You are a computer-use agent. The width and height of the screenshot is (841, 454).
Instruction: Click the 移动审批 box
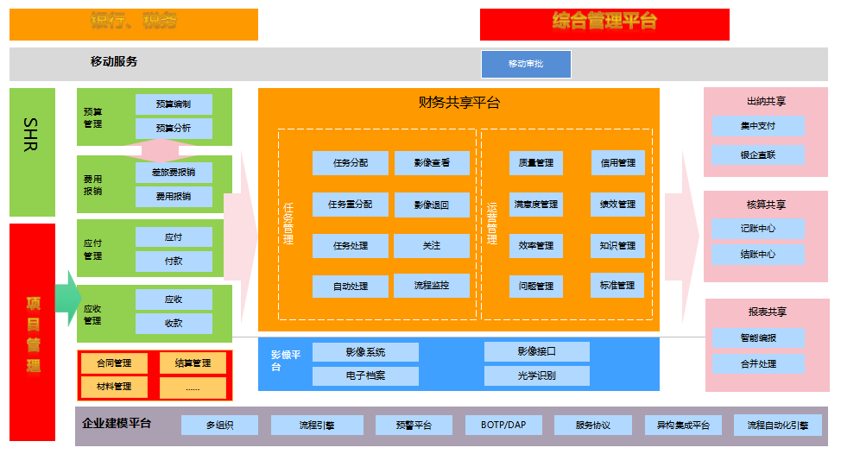tap(526, 64)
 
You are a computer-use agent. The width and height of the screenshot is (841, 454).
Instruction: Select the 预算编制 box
tap(174, 104)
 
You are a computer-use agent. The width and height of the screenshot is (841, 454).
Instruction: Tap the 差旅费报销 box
tap(174, 172)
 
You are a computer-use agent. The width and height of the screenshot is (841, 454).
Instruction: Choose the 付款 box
tap(174, 261)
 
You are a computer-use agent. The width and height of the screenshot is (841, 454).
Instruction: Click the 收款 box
tap(174, 323)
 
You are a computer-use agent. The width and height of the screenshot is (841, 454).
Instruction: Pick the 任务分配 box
tap(350, 162)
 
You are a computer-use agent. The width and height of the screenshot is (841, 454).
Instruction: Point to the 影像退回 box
tap(432, 205)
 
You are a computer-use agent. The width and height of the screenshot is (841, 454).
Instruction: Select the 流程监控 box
tap(432, 285)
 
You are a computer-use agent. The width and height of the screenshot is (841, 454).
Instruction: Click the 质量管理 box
tap(536, 162)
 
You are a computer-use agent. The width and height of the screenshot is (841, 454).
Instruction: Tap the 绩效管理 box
tap(617, 205)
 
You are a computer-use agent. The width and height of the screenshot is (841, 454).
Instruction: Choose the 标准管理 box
tap(617, 285)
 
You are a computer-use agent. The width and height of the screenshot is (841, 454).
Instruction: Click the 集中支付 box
tap(758, 126)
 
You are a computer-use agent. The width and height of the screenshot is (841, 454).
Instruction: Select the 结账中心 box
tap(758, 255)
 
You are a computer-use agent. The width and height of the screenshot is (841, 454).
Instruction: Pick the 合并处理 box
tap(758, 363)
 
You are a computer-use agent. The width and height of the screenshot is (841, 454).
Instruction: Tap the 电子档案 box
tap(365, 375)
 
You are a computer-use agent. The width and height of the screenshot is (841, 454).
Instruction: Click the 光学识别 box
tap(536, 375)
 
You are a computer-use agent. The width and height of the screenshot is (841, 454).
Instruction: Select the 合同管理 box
tap(114, 363)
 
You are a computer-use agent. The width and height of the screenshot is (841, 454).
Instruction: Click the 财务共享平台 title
tap(458, 103)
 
